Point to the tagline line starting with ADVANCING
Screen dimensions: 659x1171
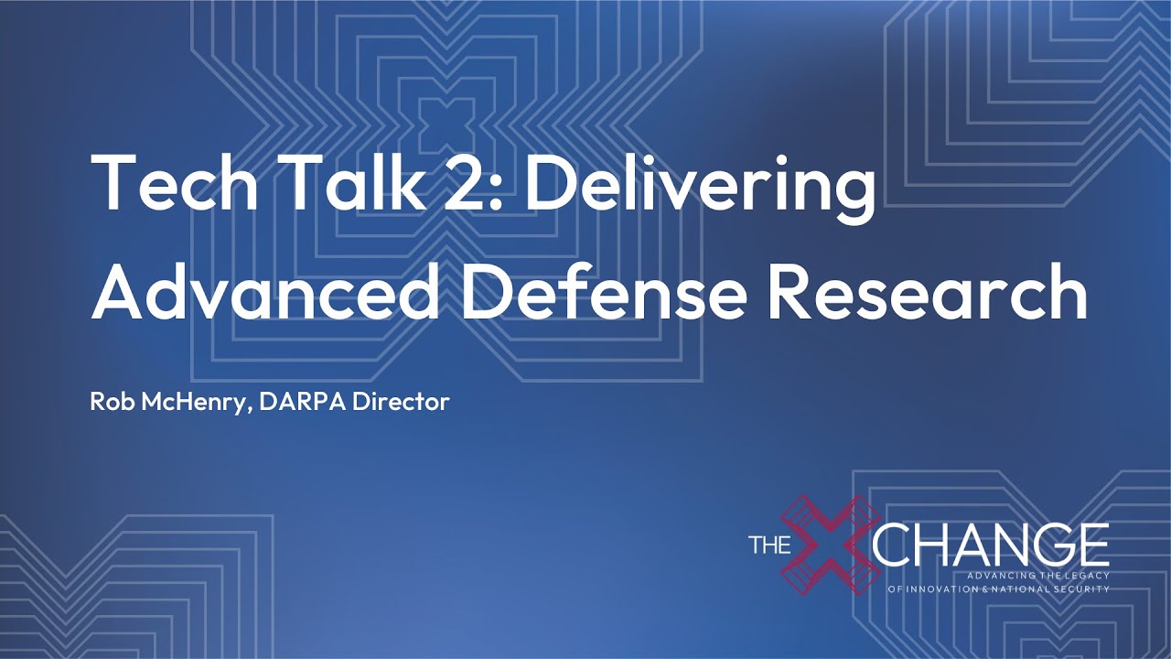[x=1030, y=574]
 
